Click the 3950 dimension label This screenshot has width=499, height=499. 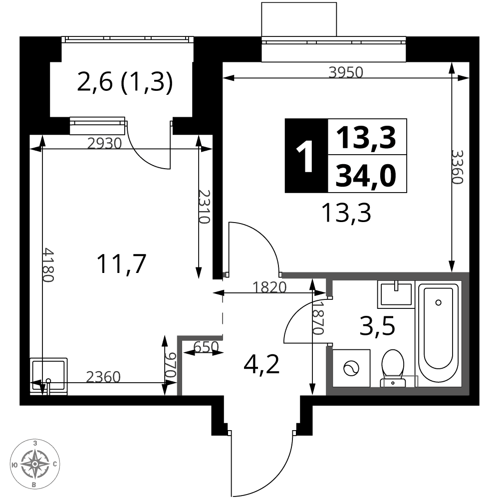click(346, 72)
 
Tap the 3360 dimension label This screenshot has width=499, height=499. click(457, 167)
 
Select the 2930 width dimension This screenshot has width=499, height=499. click(104, 144)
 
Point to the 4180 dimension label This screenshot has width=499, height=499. click(48, 265)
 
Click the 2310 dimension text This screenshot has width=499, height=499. click(204, 207)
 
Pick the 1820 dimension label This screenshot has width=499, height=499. click(269, 287)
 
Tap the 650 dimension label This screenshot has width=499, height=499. click(206, 347)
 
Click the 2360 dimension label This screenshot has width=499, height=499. click(103, 377)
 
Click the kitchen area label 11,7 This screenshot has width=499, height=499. click(121, 264)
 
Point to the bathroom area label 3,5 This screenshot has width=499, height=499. click(377, 326)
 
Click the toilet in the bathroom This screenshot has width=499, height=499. click(393, 368)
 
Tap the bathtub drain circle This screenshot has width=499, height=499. click(438, 303)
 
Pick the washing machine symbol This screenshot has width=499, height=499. click(351, 369)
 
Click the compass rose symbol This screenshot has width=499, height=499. click(35, 464)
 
